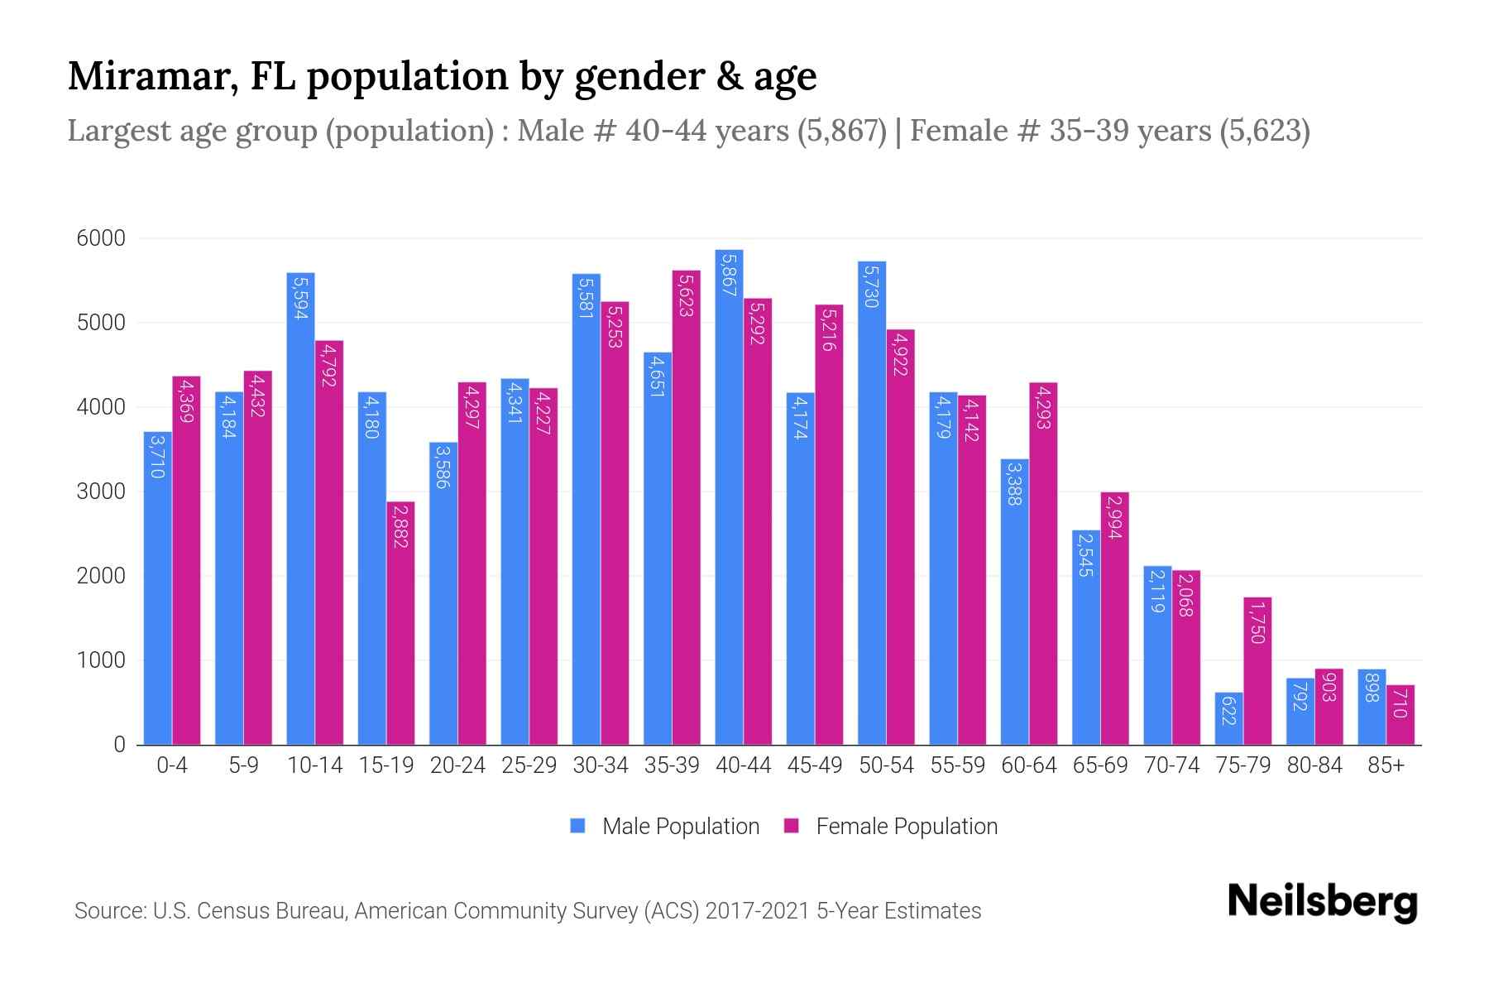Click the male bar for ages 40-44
pos(729,496)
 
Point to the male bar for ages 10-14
pos(300,509)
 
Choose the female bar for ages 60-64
pos(1043,564)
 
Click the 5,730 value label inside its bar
pos(871,285)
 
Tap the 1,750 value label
pos(1257,623)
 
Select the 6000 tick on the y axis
pos(101,239)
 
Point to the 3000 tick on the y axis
pos(101,492)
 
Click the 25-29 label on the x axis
pos(529,765)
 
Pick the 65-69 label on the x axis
pos(1099,765)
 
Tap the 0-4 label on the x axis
pos(172,765)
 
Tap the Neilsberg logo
pos(1322,902)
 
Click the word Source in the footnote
pos(108,911)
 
